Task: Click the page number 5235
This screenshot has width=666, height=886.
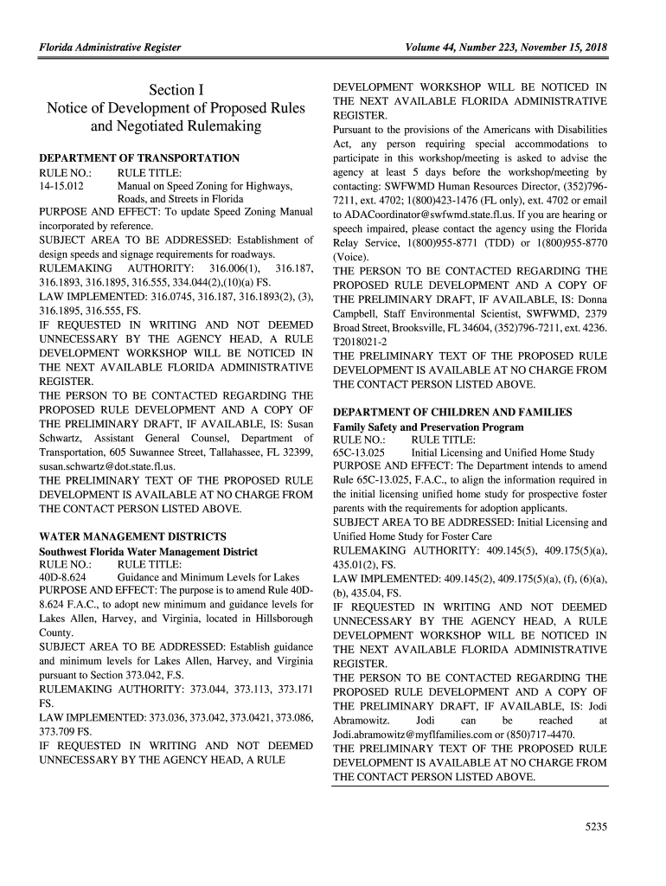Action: tap(596, 826)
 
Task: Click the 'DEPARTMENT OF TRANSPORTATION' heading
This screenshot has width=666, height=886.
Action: tap(139, 158)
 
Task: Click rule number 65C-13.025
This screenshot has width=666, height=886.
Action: tap(359, 453)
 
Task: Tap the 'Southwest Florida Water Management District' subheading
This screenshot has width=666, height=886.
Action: tap(148, 551)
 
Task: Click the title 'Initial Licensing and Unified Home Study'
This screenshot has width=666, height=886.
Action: tap(503, 453)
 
